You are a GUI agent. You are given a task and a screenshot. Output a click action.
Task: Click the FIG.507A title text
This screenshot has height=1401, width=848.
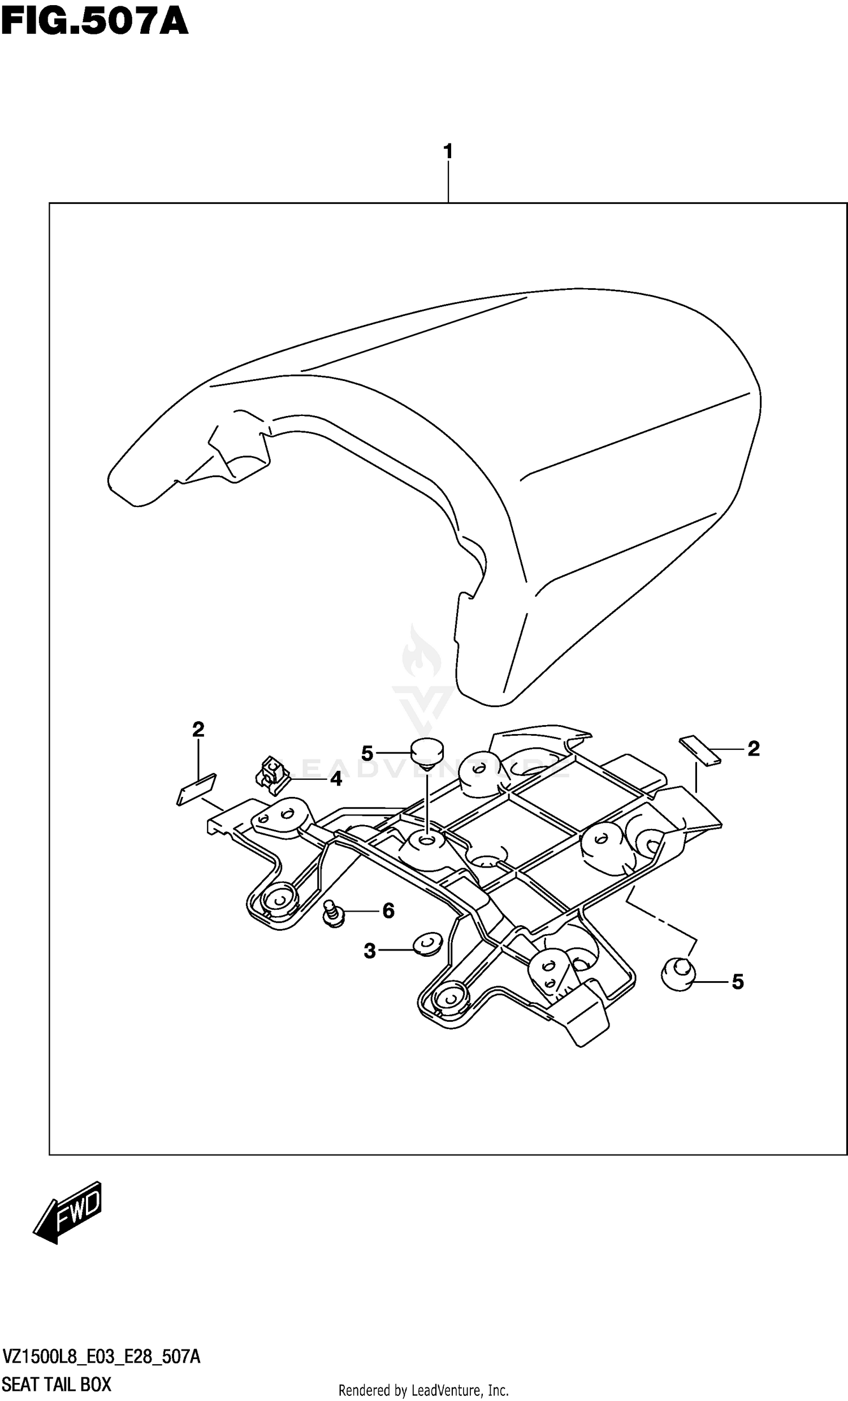click(x=94, y=23)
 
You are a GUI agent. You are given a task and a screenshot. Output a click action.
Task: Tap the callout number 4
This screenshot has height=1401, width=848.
click(x=336, y=779)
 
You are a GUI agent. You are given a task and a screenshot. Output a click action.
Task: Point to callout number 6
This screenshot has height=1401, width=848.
click(x=388, y=911)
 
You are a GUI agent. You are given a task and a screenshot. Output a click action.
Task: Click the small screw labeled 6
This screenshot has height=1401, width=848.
click(x=332, y=913)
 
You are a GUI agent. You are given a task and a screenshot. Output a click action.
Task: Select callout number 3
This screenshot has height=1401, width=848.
click(x=370, y=950)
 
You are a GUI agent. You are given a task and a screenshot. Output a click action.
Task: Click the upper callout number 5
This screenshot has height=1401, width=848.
click(x=367, y=754)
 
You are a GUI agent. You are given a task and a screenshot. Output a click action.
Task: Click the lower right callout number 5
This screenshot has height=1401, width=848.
click(x=738, y=982)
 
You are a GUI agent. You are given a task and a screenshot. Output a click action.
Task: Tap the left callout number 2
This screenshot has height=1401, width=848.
click(x=198, y=729)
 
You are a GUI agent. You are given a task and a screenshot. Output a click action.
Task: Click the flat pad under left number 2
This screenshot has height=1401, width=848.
click(x=196, y=788)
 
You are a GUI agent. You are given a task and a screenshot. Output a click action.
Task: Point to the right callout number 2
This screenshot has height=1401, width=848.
click(x=754, y=749)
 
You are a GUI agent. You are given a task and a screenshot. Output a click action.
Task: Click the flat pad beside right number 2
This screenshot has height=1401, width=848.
click(x=700, y=751)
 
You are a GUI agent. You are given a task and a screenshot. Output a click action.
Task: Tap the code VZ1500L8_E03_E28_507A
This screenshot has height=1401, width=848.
click(x=101, y=1357)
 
